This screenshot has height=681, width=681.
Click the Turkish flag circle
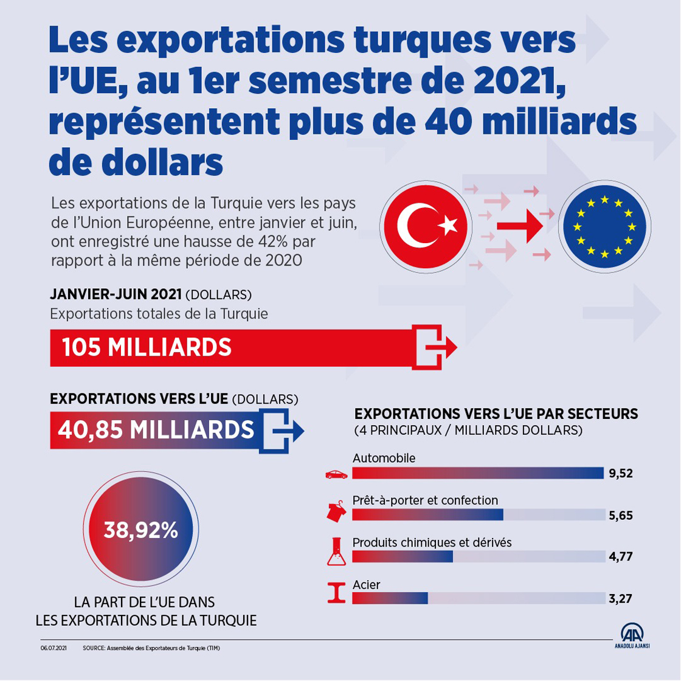point(424,226)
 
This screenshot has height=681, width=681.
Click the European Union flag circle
point(604,226)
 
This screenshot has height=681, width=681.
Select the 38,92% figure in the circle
point(140,530)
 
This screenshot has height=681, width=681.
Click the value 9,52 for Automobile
point(621,474)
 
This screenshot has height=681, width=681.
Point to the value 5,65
point(621,516)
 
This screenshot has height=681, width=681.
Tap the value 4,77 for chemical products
point(621,556)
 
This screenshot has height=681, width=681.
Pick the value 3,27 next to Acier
point(621,598)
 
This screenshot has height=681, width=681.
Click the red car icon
point(336,474)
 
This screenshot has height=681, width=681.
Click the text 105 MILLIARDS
point(147,347)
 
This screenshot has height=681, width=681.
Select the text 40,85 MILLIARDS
point(156,429)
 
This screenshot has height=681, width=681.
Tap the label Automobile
point(384,458)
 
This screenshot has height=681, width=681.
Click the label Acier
point(366,584)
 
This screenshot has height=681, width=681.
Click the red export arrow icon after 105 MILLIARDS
point(434,347)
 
